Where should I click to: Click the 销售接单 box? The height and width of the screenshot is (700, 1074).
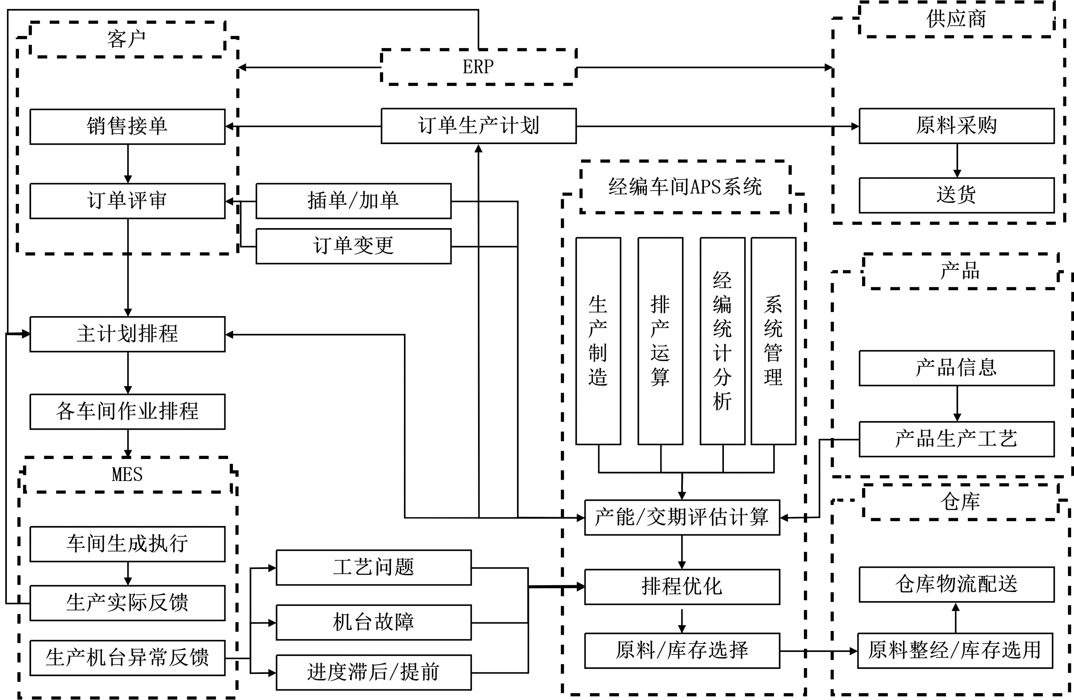coord(127,126)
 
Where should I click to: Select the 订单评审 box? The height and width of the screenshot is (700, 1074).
coord(127,201)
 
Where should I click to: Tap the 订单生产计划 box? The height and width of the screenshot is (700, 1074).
coord(478,126)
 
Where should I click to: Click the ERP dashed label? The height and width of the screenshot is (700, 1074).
coord(478,67)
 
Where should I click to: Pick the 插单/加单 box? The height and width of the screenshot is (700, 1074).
coord(353,201)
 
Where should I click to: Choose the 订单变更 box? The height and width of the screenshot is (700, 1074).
coord(353,246)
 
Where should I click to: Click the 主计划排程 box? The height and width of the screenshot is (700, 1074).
coord(127,334)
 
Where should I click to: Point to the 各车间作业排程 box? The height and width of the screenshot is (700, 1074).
coord(127,412)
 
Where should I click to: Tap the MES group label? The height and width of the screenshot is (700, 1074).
coord(127,475)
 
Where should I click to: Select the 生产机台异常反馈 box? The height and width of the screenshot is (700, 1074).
coord(127,658)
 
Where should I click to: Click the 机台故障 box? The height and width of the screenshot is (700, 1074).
coord(374,622)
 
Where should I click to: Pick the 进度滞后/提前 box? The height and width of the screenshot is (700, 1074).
coord(374,672)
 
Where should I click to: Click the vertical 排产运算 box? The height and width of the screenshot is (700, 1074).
coord(660,341)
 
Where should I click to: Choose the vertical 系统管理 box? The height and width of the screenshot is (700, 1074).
coord(773,341)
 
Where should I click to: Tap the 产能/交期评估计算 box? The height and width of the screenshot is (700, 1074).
coord(682,517)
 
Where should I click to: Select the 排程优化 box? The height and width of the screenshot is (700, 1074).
coord(682,587)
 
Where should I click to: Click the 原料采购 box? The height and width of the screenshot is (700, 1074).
coord(956,126)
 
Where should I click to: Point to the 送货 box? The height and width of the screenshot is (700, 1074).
coord(956,195)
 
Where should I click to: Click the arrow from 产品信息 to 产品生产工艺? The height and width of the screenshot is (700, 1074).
coord(957,404)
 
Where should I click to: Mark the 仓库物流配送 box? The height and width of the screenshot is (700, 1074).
coord(956,584)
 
